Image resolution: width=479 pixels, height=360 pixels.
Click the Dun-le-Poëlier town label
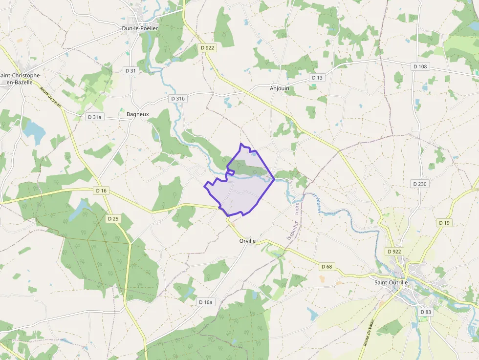140,28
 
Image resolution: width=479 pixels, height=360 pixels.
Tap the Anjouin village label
280,88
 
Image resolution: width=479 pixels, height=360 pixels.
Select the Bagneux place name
137,114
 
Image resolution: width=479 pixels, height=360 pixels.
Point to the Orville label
248,241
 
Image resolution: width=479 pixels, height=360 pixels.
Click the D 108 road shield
420,66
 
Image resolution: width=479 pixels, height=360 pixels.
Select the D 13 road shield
317,78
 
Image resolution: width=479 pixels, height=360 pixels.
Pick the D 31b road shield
178,99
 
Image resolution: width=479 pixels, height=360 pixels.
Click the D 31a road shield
94,117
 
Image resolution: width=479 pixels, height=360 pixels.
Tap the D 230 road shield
419,184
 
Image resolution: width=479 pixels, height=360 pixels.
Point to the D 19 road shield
444,223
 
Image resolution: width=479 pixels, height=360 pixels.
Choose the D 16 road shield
101,190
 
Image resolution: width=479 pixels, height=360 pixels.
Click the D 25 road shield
113,218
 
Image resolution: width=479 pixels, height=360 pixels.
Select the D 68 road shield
327,267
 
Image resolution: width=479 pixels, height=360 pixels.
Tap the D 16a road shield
206,302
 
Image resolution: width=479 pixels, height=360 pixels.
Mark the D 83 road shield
426,312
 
